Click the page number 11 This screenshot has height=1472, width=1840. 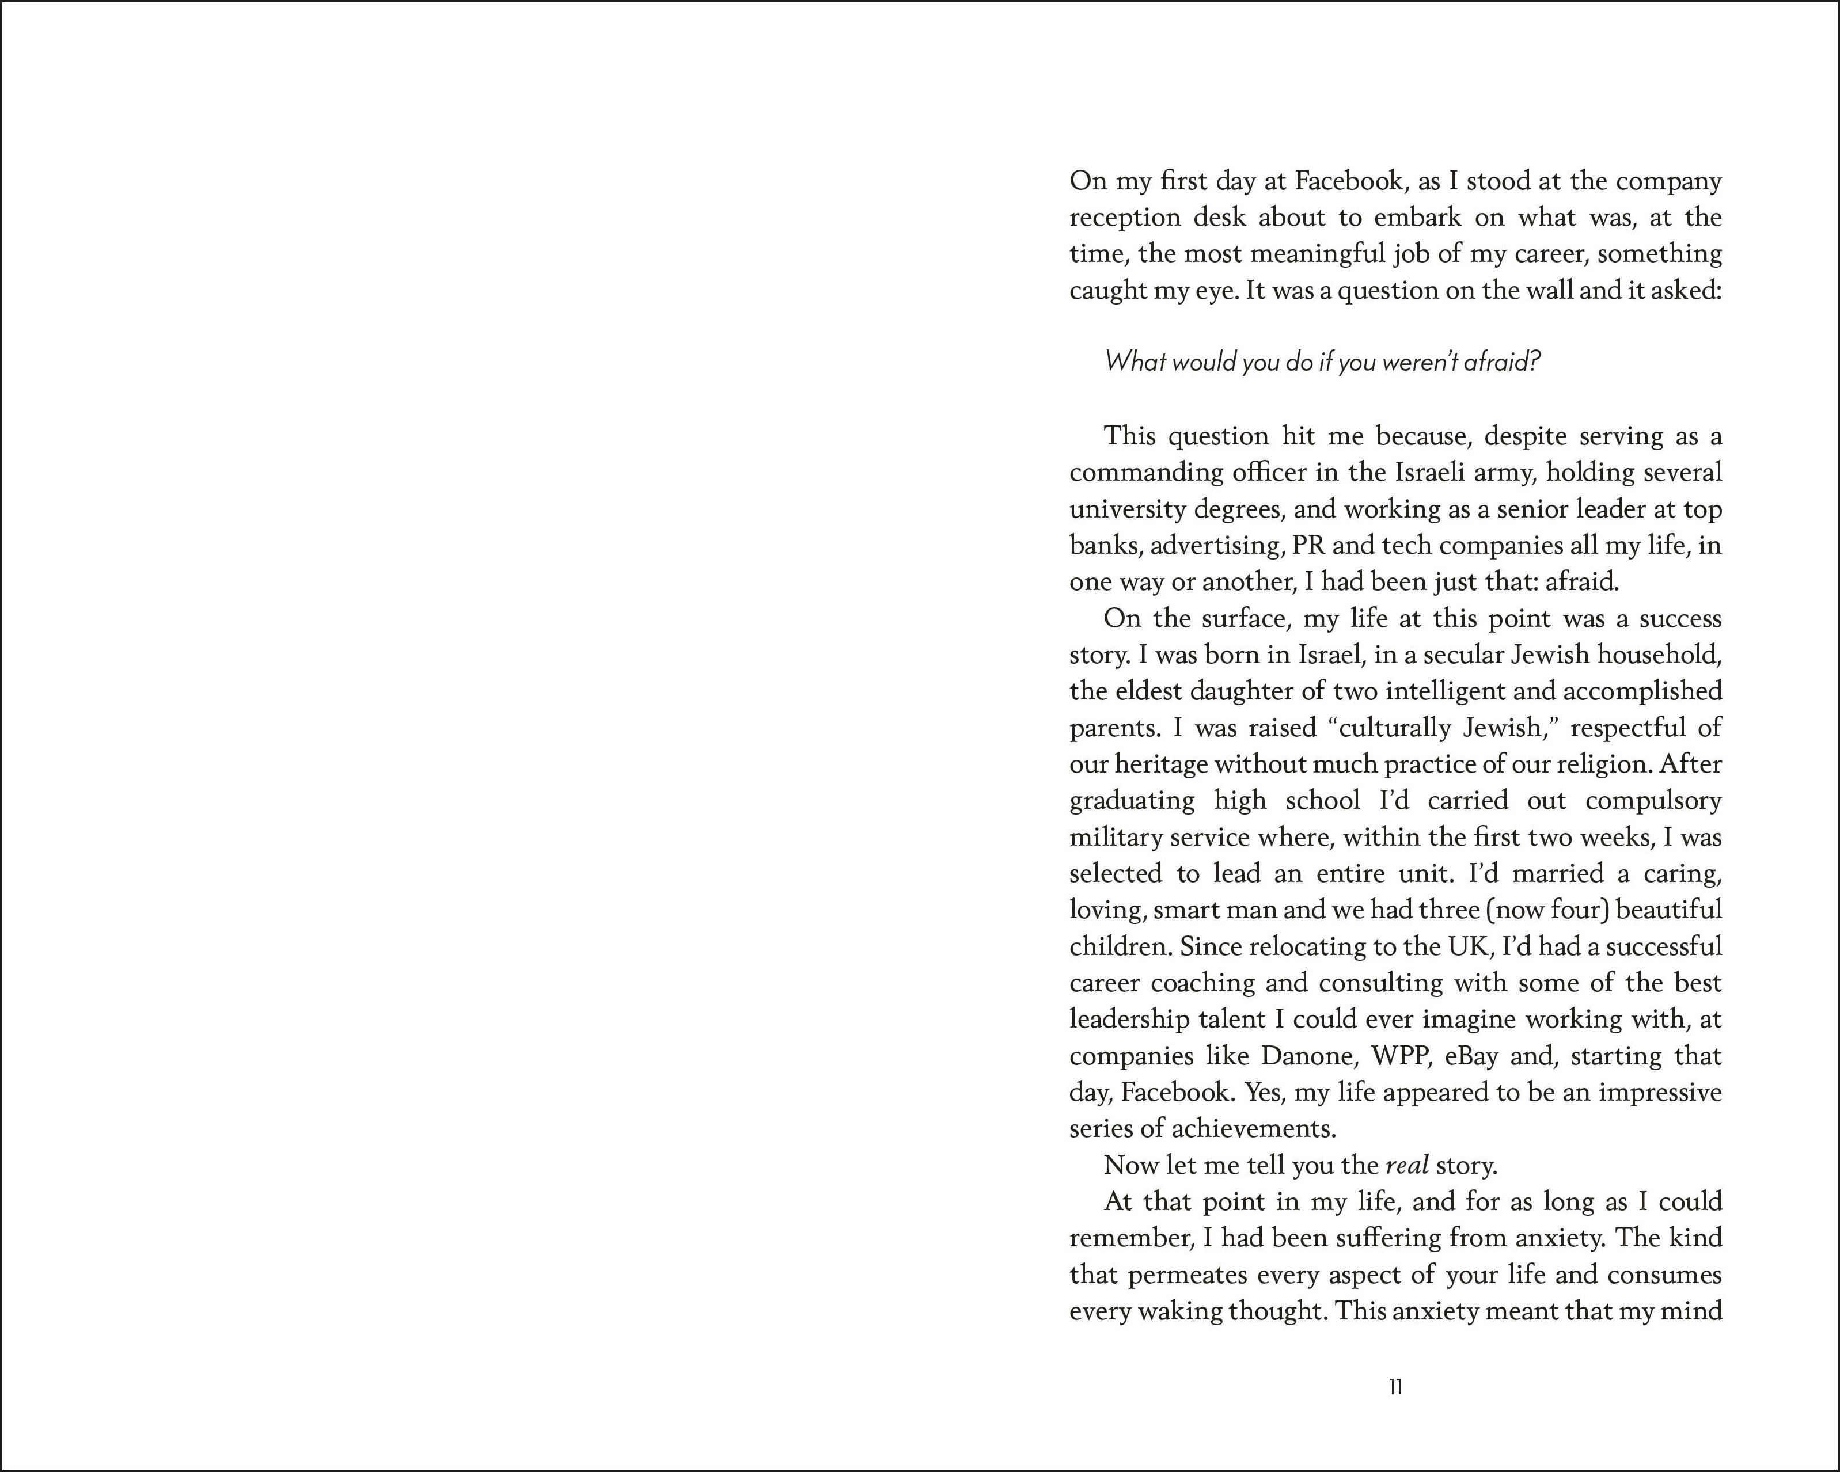[x=1395, y=1387]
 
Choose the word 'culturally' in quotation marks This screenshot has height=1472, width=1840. [x=1394, y=728]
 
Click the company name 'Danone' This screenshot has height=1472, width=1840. [x=1308, y=1056]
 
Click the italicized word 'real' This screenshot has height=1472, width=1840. [x=1407, y=1165]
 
